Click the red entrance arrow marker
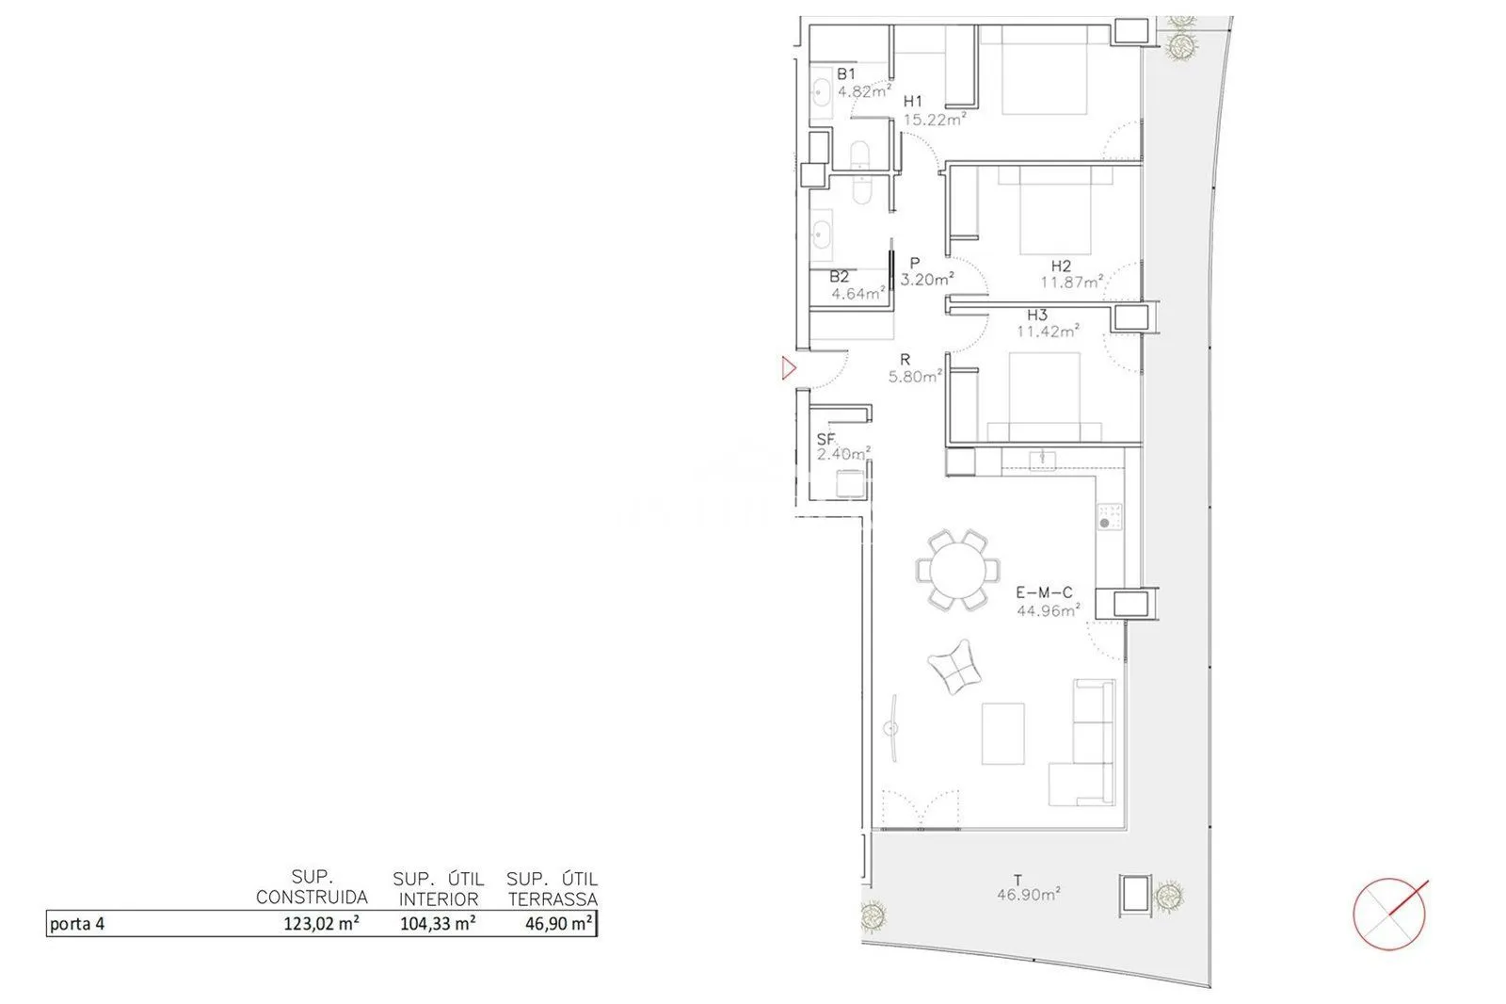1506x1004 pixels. [790, 368]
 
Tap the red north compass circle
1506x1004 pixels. [1388, 914]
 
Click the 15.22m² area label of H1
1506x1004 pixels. [935, 119]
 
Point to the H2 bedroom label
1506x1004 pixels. [1060, 266]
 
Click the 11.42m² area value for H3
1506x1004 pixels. [1048, 331]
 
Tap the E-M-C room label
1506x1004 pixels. [1044, 592]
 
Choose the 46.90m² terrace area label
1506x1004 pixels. [1029, 895]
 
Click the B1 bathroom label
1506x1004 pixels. [846, 74]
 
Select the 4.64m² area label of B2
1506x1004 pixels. [857, 294]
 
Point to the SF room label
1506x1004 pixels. [825, 440]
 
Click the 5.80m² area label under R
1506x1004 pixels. [915, 376]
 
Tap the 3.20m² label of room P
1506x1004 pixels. [927, 280]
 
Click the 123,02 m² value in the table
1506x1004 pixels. [321, 923]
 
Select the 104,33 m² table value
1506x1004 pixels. [438, 923]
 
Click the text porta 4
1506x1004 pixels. [77, 924]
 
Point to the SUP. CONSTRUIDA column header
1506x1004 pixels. [312, 887]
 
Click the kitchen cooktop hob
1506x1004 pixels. [1110, 516]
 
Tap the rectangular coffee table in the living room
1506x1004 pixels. [1002, 734]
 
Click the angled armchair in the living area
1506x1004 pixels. [954, 667]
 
